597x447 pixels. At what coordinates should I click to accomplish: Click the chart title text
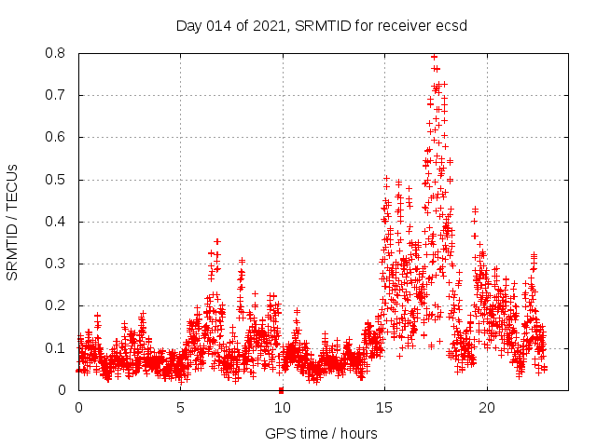point(322,25)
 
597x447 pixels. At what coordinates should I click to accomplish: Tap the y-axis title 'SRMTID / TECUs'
point(12,223)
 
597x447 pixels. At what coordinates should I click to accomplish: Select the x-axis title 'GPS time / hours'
point(321,433)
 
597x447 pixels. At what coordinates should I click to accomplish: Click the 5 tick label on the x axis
point(180,408)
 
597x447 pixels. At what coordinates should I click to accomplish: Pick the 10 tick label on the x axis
point(282,408)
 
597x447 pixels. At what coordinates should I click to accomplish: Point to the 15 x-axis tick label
point(383,408)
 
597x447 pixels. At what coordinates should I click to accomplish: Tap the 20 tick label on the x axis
point(486,408)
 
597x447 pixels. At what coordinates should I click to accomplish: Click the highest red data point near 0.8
point(434,57)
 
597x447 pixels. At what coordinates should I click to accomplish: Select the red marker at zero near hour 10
point(281,389)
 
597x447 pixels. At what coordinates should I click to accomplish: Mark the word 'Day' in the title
point(189,25)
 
